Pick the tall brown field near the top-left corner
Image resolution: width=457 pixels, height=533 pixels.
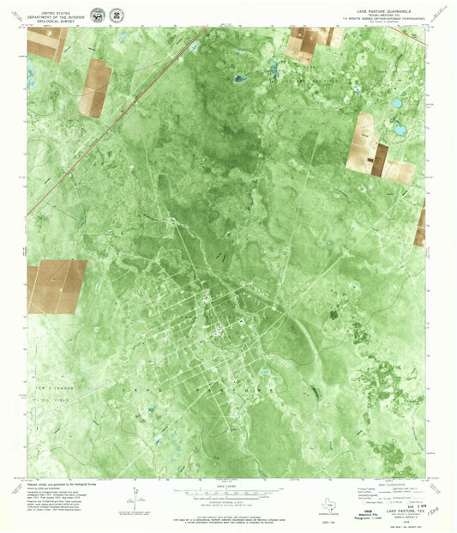pos(96,88)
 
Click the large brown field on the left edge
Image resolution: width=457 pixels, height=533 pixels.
pos(56,286)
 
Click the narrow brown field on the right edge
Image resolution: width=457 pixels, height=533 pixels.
pos(420,225)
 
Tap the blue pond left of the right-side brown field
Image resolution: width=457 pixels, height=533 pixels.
pos(397,131)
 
